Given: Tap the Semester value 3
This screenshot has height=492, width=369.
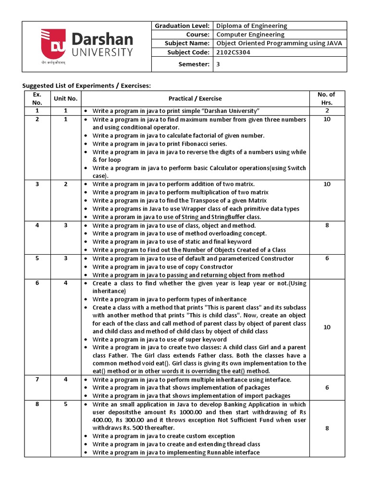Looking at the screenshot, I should tap(218, 64).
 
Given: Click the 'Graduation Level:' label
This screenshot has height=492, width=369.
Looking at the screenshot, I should tap(181, 25).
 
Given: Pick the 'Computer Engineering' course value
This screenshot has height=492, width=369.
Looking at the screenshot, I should tap(250, 35).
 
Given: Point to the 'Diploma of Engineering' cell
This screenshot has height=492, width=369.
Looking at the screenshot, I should tap(251, 25).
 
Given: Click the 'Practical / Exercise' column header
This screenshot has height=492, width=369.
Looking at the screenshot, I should tap(195, 98).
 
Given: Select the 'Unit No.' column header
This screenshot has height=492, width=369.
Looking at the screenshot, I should tap(65, 98).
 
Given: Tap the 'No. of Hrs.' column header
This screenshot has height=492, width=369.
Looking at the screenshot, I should tap(327, 98).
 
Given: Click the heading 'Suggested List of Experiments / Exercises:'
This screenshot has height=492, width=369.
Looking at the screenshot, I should tap(87, 86).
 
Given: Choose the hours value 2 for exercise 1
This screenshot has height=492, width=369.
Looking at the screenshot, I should tap(327, 111).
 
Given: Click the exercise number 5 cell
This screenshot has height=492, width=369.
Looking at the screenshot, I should tap(37, 258).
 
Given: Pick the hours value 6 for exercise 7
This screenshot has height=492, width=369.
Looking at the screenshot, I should tap(327, 388).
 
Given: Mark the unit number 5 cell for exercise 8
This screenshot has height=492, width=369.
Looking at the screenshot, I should tap(65, 405).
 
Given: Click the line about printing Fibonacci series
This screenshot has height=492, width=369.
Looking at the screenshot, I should tap(160, 144).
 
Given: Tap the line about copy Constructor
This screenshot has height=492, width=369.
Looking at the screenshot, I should tap(162, 267).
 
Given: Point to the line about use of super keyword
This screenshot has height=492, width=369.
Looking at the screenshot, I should tap(160, 339).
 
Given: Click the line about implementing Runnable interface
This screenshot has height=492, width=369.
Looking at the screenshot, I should tap(176, 452).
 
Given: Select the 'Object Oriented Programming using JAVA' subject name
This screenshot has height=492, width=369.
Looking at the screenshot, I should tap(279, 44).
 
